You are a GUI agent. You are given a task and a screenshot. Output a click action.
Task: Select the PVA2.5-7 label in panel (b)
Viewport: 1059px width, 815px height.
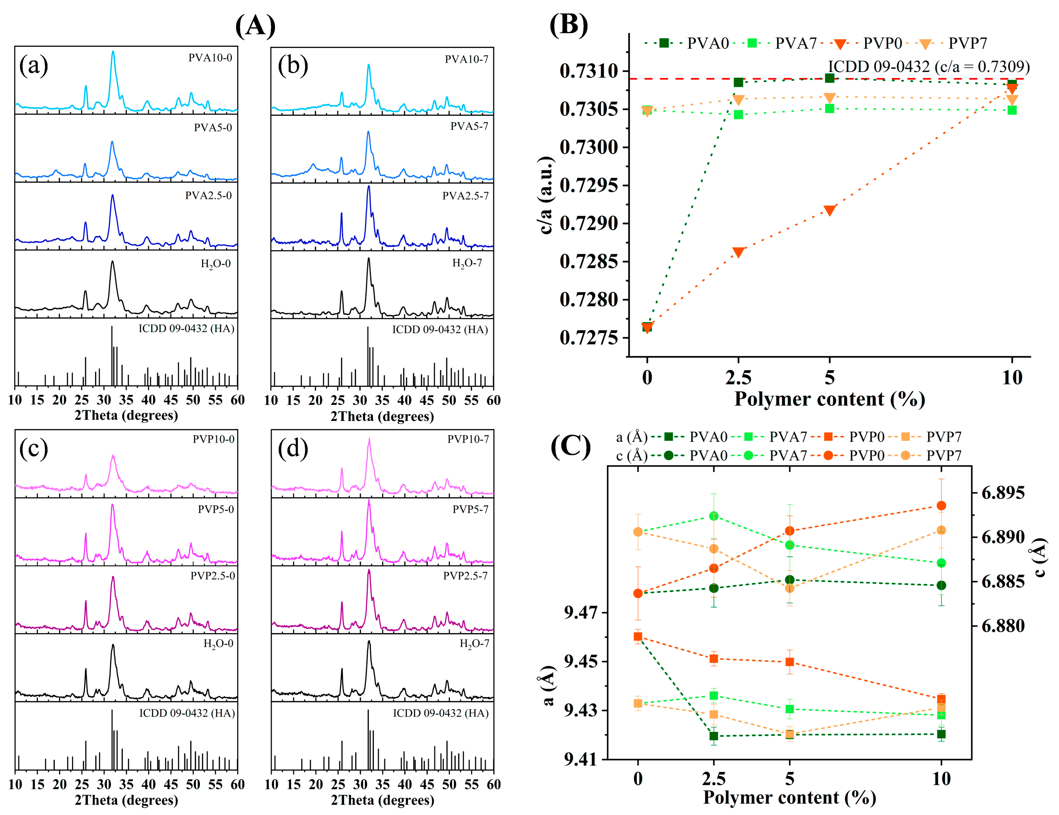(x=465, y=196)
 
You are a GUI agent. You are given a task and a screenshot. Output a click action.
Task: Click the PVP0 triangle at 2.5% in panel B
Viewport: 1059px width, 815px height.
(x=738, y=252)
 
